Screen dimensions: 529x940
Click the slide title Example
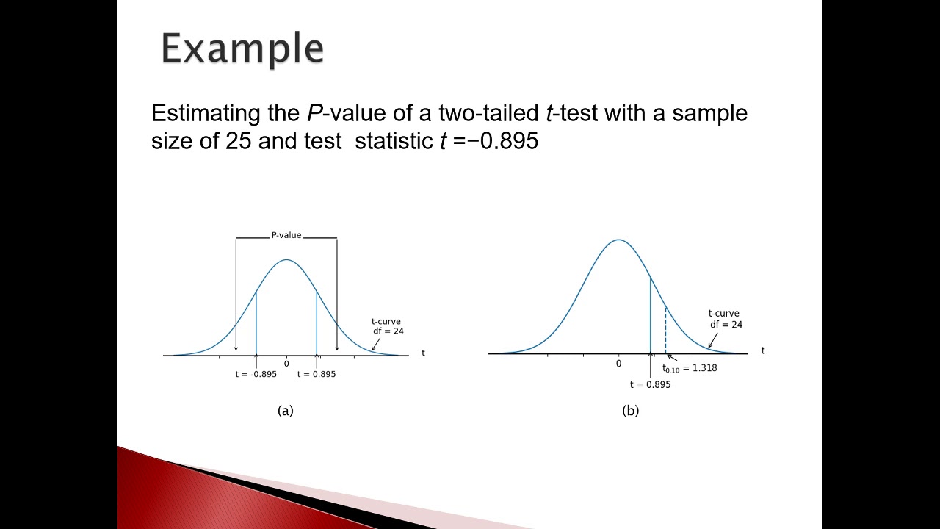coord(242,49)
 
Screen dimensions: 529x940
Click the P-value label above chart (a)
coord(286,235)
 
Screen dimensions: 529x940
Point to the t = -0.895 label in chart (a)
coord(256,374)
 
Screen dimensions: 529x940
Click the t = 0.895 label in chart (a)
coord(317,374)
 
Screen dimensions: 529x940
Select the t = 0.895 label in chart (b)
coord(650,384)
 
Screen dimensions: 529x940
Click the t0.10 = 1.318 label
coord(690,368)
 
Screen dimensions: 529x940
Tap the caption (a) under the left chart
coord(286,411)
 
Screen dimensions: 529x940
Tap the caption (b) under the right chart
coord(630,411)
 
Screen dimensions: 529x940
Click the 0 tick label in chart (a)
coord(286,364)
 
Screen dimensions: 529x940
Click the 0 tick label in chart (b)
coord(618,364)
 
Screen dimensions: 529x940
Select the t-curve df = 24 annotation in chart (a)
coord(387,326)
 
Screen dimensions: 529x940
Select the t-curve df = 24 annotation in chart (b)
coord(725,319)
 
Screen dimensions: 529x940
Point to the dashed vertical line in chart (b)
coord(665,331)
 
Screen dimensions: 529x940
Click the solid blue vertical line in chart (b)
coord(651,316)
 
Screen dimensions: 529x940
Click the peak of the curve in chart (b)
coord(618,240)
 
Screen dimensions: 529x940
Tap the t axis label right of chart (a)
coord(423,353)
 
